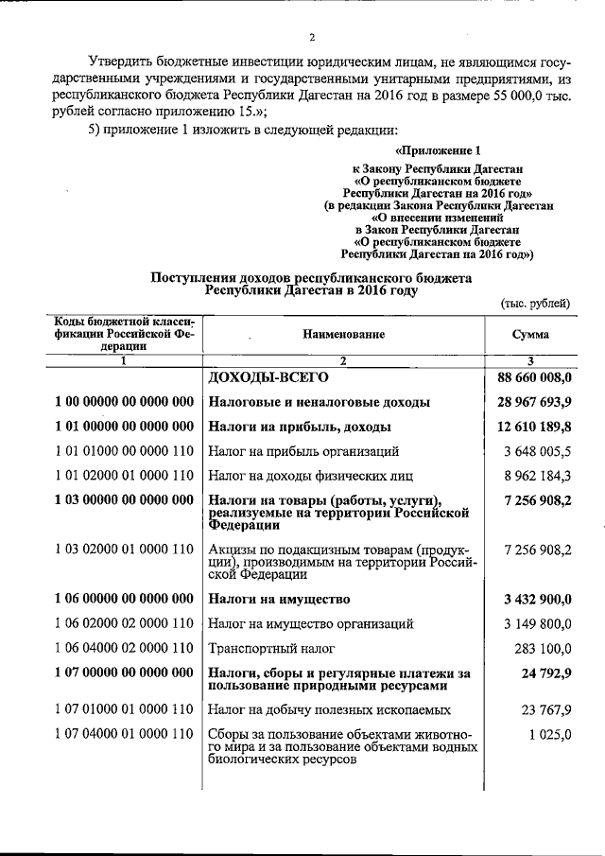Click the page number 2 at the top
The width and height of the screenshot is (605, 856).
click(x=310, y=37)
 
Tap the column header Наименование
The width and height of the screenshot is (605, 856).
click(x=344, y=335)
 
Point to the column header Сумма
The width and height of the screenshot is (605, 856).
click(x=530, y=335)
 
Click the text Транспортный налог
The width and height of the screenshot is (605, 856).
click(x=268, y=648)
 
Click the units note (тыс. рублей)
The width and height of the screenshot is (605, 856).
click(x=535, y=303)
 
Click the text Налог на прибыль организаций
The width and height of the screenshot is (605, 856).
click(x=302, y=451)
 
